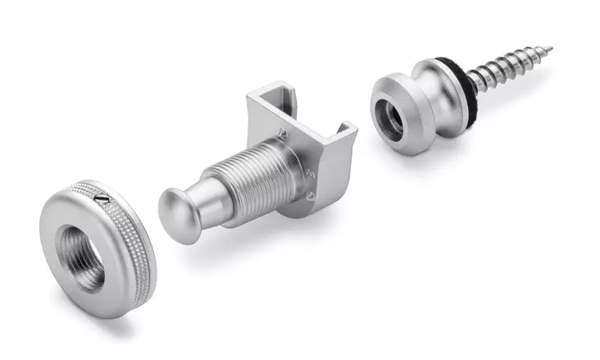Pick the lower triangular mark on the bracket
pyautogui.click(x=312, y=197)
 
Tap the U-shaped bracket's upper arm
pyautogui.click(x=270, y=103)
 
